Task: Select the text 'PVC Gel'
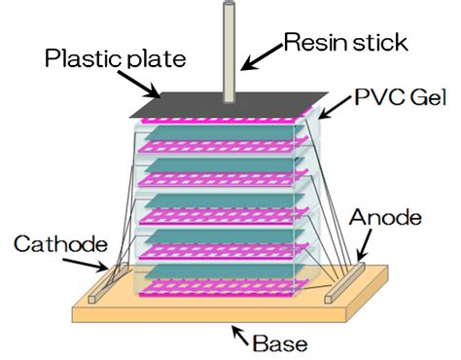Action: (x=398, y=96)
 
